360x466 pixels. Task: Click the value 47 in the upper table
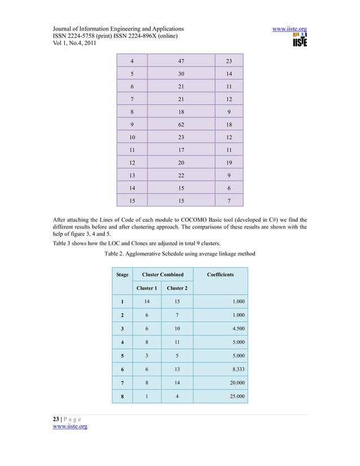click(x=180, y=61)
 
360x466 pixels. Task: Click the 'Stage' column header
click(x=122, y=275)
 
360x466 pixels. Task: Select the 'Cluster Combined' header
click(x=163, y=275)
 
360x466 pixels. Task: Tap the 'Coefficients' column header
click(x=221, y=275)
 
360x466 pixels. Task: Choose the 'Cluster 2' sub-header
click(x=175, y=289)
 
